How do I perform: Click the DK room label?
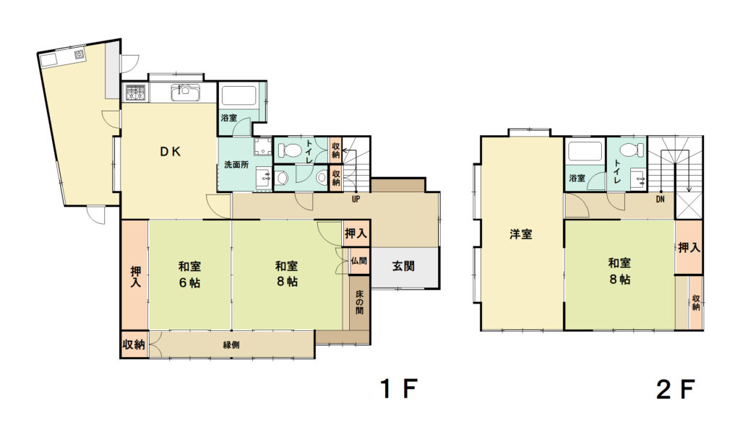pos(170,152)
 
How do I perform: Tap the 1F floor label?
pos(399,389)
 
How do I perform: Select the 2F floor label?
pos(676,390)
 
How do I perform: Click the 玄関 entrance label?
pos(403,266)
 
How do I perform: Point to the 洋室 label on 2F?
pos(521,233)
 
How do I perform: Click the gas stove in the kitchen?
pos(135,92)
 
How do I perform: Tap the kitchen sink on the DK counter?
pos(184,92)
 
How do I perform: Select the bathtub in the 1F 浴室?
pos(238,95)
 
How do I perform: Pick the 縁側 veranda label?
pos(231,345)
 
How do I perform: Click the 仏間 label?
pos(358,261)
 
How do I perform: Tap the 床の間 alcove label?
pos(360,301)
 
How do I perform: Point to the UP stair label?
pos(356,199)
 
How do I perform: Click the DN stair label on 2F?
pos(661,199)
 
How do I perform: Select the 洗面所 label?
pos(236,165)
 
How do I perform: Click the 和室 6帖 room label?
pos(190,275)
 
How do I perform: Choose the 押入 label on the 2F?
pos(689,247)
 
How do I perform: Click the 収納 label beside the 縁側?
pos(134,345)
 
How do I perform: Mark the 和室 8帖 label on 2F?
pos(619,270)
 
